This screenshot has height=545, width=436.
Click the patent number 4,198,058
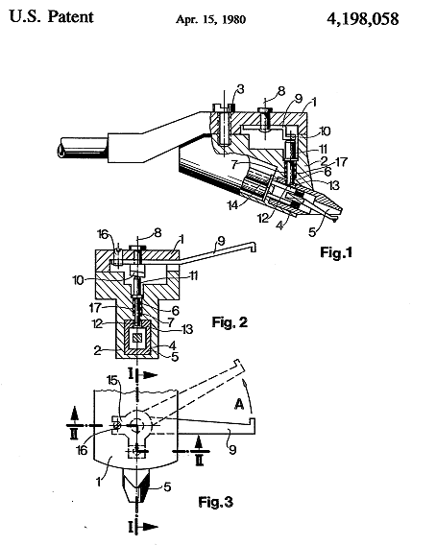coord(363,19)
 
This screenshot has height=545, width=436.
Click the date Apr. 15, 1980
coord(211,19)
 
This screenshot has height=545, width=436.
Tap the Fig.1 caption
coord(336,252)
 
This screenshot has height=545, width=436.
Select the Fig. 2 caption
coord(230,322)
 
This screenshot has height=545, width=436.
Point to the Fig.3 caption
coord(216,502)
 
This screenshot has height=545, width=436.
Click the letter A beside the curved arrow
coord(239,404)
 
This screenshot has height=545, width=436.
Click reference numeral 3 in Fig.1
coord(240,89)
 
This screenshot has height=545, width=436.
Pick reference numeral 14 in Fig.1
coord(232,205)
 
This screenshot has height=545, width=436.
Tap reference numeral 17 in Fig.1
coord(341,161)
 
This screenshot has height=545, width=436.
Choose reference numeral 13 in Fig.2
coord(188,329)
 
